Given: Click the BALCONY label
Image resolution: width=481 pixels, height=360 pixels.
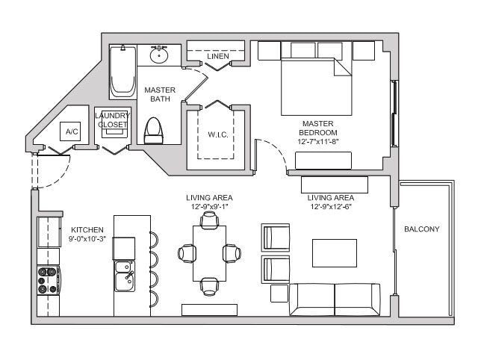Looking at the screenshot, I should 421,229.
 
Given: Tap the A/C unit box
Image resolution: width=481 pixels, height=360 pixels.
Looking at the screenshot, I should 72,131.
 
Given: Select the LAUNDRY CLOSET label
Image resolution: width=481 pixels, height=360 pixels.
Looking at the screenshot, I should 113,120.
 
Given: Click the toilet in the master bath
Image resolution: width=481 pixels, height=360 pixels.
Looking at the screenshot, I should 153,130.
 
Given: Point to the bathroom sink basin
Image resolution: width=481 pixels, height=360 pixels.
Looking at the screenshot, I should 159,55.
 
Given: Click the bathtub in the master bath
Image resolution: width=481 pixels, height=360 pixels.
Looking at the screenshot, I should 122,72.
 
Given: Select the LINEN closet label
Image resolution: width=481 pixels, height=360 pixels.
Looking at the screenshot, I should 217,57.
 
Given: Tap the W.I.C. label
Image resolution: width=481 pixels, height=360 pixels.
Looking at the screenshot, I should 217,134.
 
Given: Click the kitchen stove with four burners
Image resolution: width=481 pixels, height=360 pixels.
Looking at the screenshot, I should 49,279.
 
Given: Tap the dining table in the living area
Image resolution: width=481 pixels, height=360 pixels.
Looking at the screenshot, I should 209,252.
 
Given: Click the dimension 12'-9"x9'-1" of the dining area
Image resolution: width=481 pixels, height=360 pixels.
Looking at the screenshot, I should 209,206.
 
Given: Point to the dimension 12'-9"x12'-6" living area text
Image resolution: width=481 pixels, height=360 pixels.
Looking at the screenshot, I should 330,206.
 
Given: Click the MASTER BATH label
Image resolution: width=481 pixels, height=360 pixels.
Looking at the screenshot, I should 160,94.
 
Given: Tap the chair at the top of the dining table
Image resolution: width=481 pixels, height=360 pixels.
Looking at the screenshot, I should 209,220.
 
